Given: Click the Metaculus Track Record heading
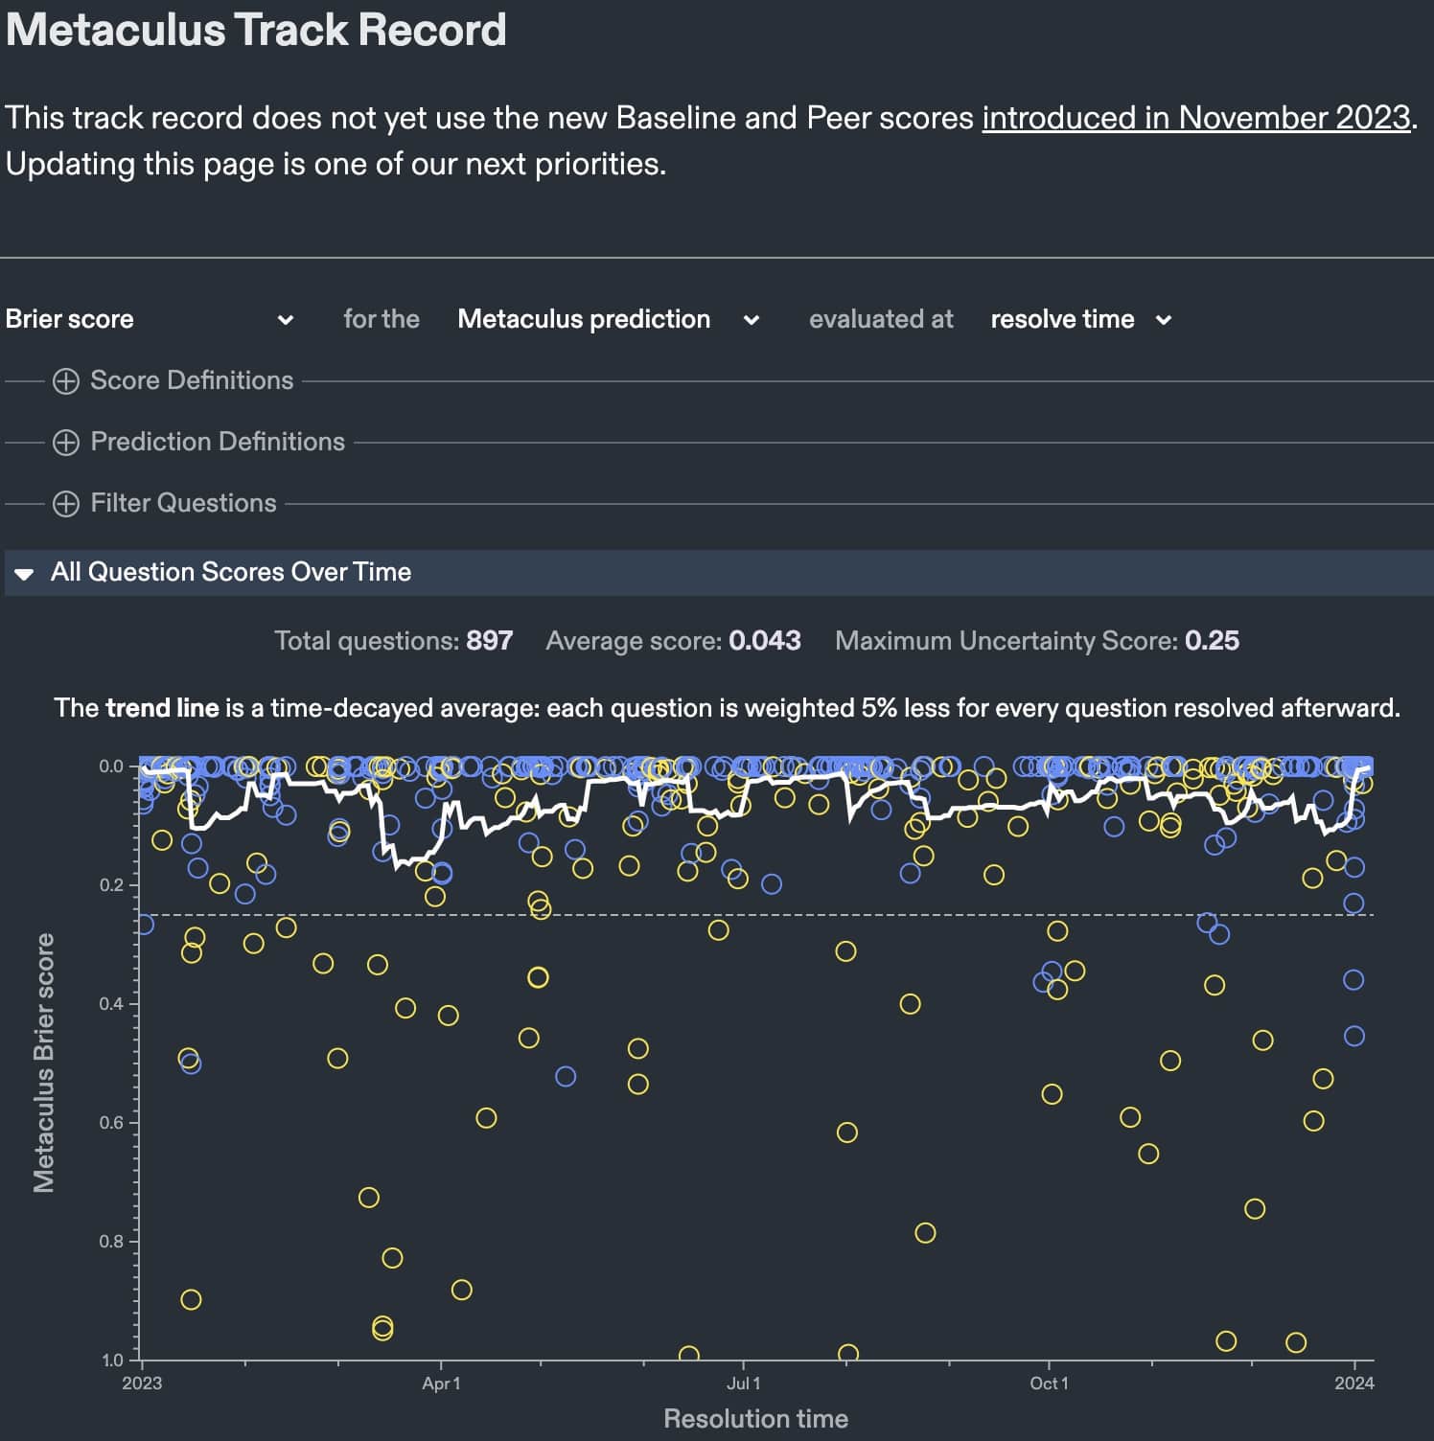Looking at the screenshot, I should point(256,30).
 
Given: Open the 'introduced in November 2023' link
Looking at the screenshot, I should point(1195,118).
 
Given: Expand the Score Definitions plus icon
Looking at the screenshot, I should point(66,381).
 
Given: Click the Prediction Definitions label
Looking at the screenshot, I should point(218,442).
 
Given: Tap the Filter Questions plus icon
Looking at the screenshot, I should point(66,504).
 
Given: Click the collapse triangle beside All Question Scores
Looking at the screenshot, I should point(25,573).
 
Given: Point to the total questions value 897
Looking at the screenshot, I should point(489,641).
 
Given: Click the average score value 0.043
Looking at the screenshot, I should point(764,641).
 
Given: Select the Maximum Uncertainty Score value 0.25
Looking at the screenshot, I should point(1212,641).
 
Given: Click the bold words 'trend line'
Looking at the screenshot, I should point(162,708).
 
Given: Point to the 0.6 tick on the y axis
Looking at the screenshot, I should point(112,1122).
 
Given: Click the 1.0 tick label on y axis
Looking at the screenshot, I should point(112,1361).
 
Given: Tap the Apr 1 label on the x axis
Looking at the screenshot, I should point(441,1384).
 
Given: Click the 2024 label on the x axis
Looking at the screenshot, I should point(1353,1384).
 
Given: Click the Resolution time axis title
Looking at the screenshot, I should point(755,1419).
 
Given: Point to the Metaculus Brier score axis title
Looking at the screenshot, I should point(44,1063).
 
